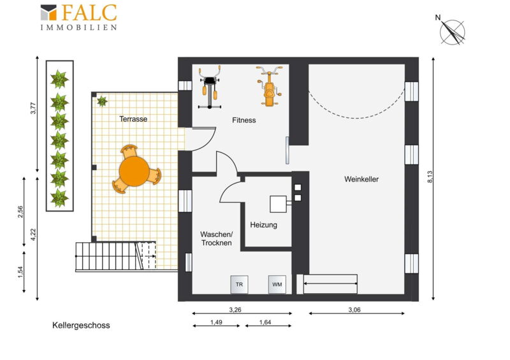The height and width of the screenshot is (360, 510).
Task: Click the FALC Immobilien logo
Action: pos(78,17)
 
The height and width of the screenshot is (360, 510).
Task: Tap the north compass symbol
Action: pos(451,31)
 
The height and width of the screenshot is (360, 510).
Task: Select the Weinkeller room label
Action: pos(361,179)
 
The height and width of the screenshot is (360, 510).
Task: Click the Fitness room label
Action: pos(244,120)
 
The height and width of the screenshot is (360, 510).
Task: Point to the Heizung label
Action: pos(263,225)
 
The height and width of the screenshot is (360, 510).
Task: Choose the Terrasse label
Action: pos(133,119)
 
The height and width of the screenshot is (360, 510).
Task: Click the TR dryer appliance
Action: pos(239,285)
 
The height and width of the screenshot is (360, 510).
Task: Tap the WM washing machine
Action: pos(277,285)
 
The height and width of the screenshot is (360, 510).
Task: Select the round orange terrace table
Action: pos(134,171)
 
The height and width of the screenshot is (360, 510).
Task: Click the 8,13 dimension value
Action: pos(430,177)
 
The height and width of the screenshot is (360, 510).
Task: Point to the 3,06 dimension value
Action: pos(354,310)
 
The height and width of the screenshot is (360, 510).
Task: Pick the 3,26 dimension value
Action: pos(235,310)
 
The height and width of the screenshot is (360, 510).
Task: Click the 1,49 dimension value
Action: pos(216,322)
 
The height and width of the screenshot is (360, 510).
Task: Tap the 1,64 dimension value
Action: pos(265,322)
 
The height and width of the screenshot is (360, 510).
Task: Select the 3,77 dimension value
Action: pos(33,108)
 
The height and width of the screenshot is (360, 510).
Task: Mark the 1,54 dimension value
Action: pos(21,272)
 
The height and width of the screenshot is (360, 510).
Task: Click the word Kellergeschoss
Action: pos(81,326)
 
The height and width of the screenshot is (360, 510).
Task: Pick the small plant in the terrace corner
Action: pos(102,101)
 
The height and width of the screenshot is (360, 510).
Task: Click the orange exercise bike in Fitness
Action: pos(268,86)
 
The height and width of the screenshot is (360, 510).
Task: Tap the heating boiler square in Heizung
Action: pos(279,204)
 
